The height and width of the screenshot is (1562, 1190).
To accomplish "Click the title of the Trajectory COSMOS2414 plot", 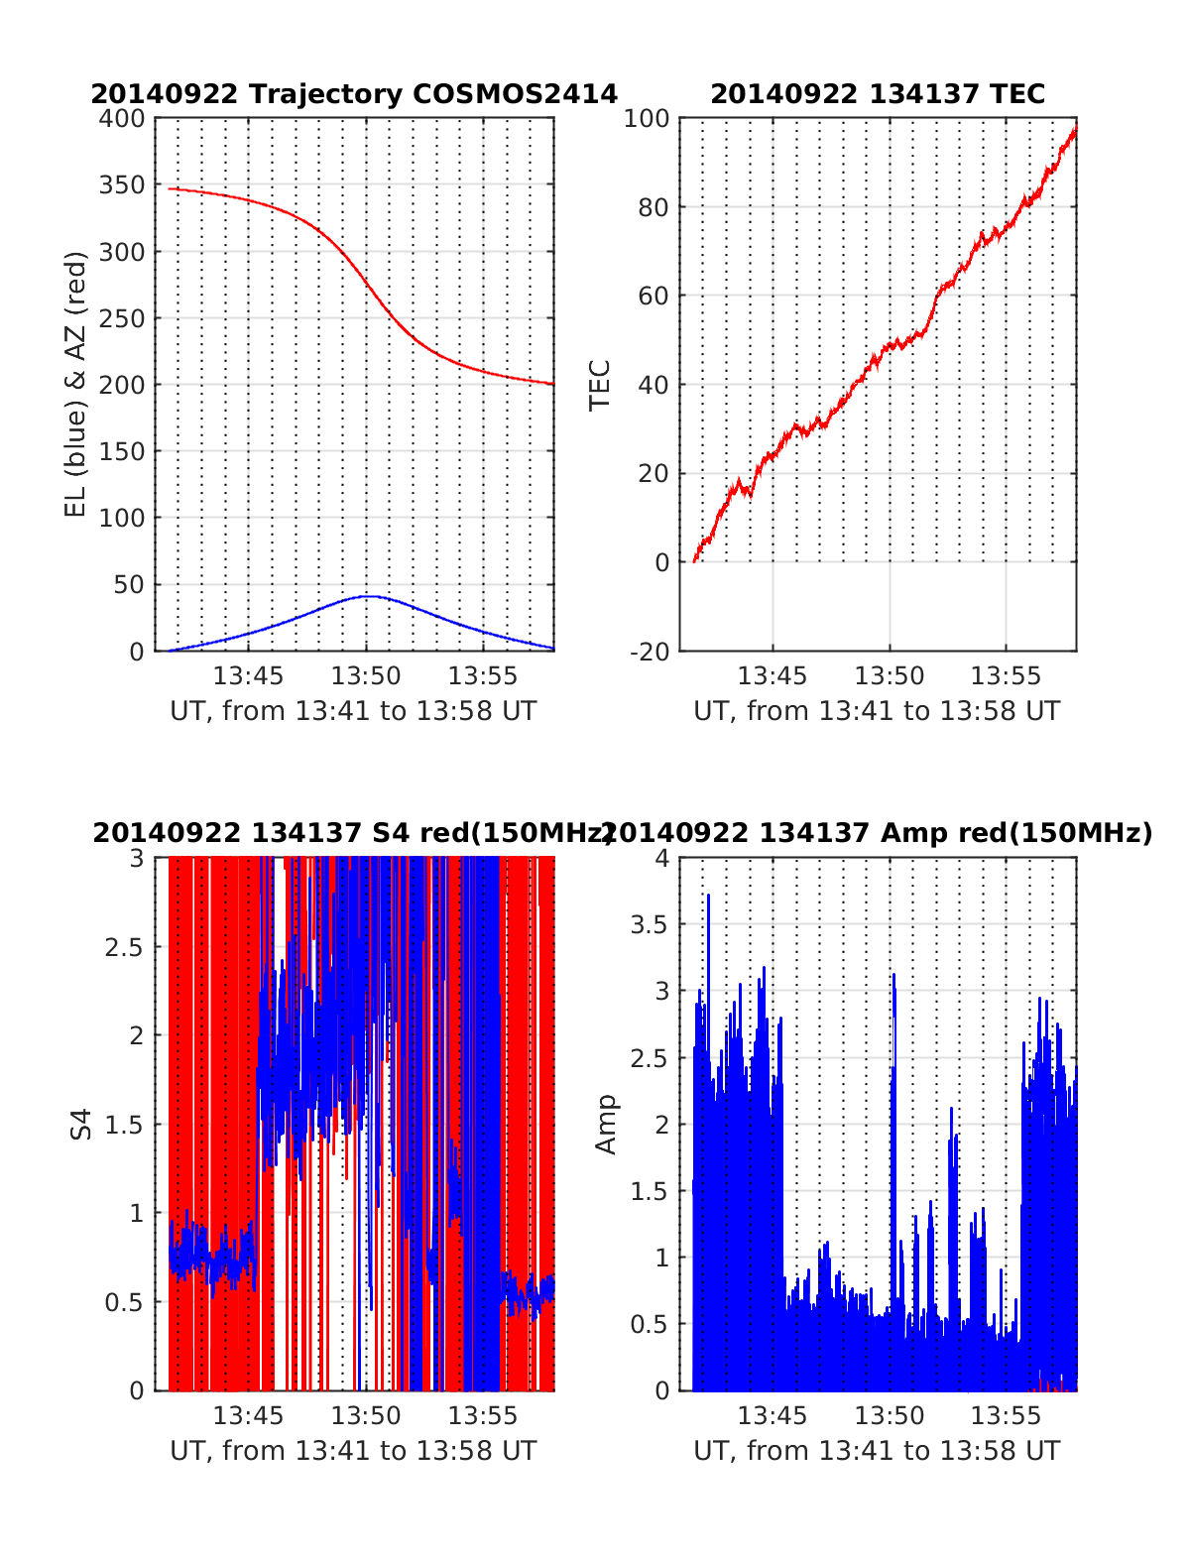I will click(354, 94).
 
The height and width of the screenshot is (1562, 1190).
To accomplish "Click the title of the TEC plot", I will click(878, 94).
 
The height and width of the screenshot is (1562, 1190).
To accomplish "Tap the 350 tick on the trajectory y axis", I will click(122, 185).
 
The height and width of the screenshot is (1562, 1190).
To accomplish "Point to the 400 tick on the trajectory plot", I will click(122, 119).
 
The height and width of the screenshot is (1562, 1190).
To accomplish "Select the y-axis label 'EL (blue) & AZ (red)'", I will click(76, 384).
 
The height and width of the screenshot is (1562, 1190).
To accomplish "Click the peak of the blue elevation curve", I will click(368, 596).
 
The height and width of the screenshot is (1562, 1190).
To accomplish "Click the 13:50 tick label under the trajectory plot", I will click(366, 676).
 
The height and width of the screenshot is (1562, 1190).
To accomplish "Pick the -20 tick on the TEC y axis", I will click(647, 652).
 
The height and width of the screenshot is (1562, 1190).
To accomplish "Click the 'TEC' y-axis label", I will click(600, 385).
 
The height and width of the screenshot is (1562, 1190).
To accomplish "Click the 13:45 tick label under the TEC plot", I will click(773, 676).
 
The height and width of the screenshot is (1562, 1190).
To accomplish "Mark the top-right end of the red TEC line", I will click(1075, 129).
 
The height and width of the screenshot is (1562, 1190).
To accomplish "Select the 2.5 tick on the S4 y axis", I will click(124, 947).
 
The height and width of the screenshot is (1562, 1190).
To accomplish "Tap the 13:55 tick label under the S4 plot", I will click(483, 1416).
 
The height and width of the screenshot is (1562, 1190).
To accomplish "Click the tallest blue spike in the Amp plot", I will click(708, 896).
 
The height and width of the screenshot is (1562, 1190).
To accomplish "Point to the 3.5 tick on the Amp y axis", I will click(651, 925).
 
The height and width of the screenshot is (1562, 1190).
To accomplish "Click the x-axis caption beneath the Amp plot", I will click(877, 1451).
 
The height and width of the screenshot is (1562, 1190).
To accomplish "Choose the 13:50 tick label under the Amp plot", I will click(890, 1416).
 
